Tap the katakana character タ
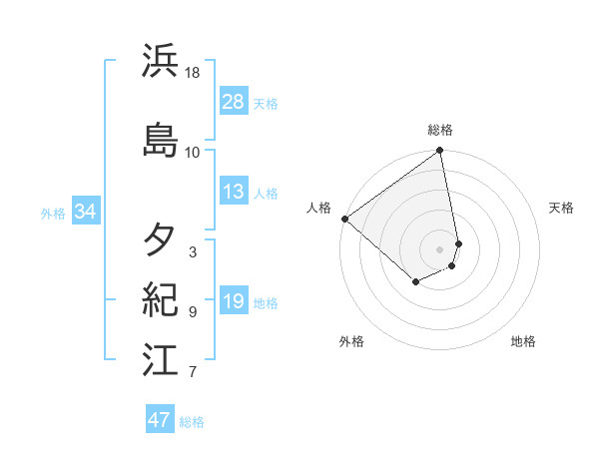(x=161, y=239)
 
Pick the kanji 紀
(x=161, y=300)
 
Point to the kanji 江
(x=161, y=360)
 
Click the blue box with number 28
(x=234, y=102)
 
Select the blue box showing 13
(x=234, y=192)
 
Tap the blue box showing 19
(x=234, y=301)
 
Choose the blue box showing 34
(x=85, y=212)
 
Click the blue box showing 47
(x=160, y=420)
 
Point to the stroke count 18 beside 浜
(x=193, y=74)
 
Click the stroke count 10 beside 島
(x=193, y=152)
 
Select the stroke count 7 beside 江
(x=193, y=373)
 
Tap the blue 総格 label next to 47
(x=192, y=422)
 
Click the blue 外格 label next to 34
(x=53, y=213)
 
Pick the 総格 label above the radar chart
(x=440, y=130)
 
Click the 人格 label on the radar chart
(x=319, y=208)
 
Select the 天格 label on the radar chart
(x=561, y=208)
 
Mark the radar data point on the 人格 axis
(x=344, y=219)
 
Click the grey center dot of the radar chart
(x=440, y=248)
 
